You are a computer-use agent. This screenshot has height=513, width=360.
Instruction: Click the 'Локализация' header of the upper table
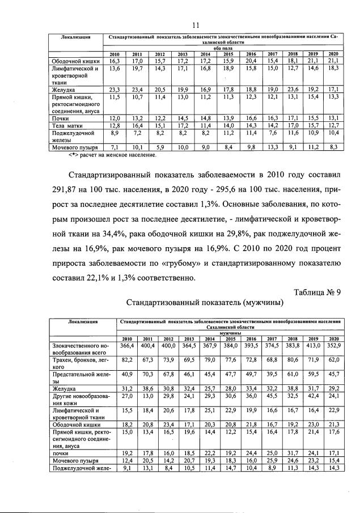77,37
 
